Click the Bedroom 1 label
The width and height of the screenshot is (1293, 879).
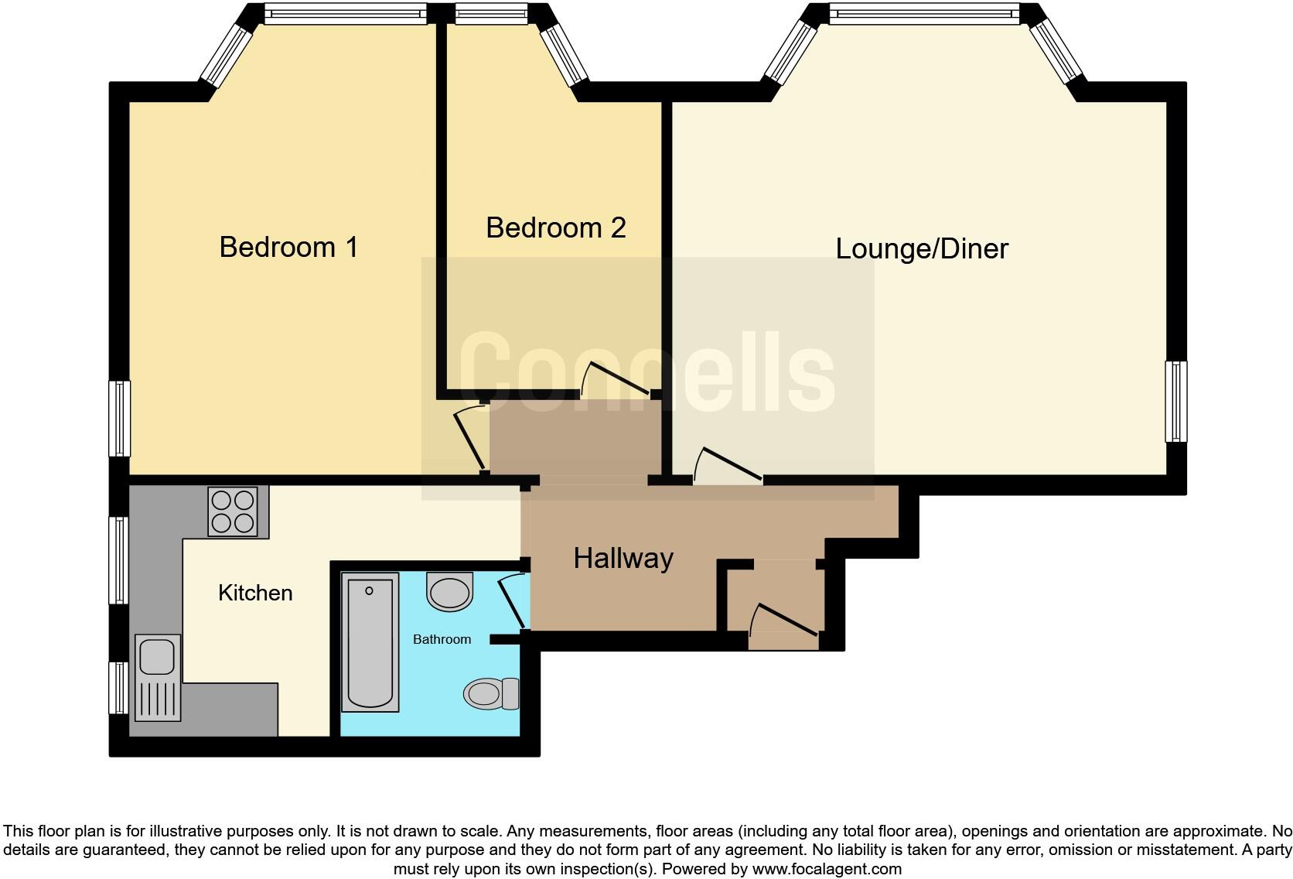click(288, 247)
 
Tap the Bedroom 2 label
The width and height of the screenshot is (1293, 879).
click(555, 227)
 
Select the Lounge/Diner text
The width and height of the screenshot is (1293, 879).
click(922, 248)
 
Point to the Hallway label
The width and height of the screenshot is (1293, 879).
click(623, 558)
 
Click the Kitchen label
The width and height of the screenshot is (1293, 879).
click(255, 593)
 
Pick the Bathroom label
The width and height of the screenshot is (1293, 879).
click(442, 639)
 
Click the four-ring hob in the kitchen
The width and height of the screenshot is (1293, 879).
click(233, 511)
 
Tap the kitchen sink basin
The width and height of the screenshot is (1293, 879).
click(157, 657)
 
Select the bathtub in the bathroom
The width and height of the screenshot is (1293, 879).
click(370, 641)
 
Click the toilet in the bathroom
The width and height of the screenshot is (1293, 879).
click(492, 693)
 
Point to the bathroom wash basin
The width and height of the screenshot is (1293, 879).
click(449, 593)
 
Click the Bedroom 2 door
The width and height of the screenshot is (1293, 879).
click(619, 379)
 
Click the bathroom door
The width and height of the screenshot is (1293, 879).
click(513, 602)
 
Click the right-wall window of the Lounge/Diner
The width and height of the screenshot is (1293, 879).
click(1176, 402)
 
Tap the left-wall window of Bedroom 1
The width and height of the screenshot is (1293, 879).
click(119, 419)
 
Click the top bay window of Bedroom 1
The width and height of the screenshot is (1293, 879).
click(345, 13)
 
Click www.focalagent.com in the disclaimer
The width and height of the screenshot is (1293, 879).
click(827, 869)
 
